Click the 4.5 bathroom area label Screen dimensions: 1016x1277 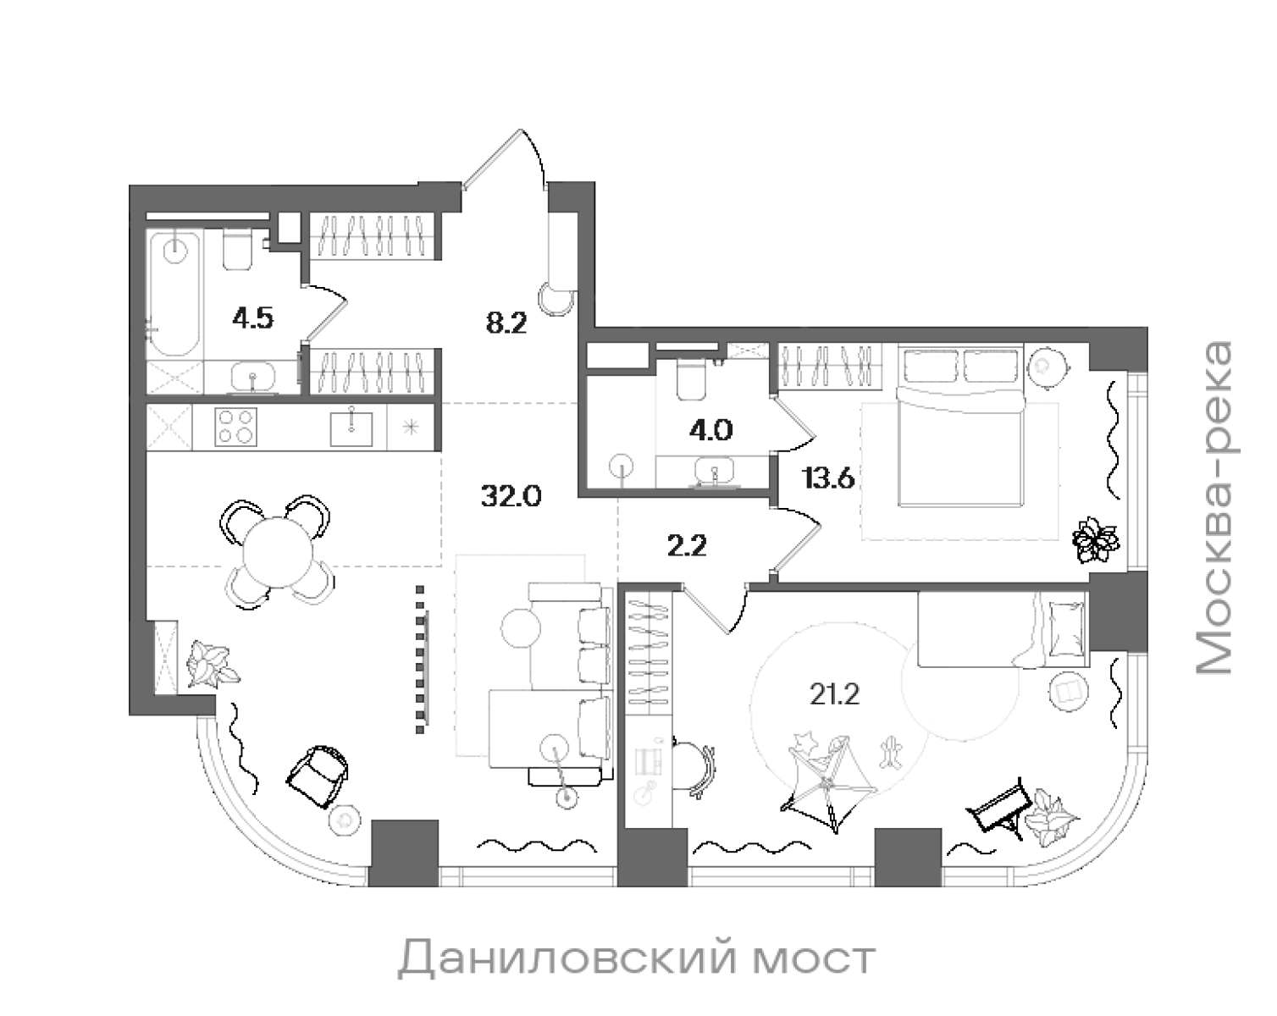coord(252,319)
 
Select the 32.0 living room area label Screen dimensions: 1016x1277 coord(511,495)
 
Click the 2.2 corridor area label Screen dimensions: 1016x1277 coord(686,547)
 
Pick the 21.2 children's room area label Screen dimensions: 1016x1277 coord(834,695)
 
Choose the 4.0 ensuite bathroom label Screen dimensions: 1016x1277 coord(710,430)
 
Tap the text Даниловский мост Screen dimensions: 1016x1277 coord(636,959)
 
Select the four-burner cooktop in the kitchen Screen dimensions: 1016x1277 coord(236,427)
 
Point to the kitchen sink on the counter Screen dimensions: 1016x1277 coord(351,426)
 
